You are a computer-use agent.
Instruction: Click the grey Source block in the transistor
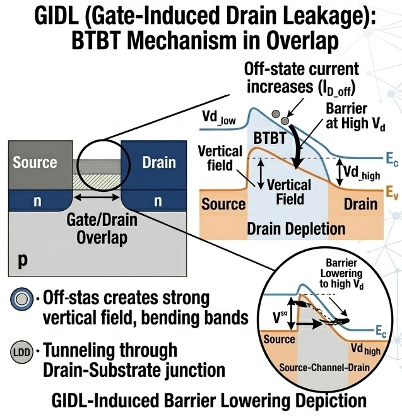click(x=40, y=165)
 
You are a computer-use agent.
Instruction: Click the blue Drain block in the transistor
click(x=154, y=165)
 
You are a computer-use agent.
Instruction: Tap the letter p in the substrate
click(x=23, y=261)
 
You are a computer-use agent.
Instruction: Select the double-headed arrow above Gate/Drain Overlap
click(x=97, y=197)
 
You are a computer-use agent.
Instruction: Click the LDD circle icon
click(x=21, y=352)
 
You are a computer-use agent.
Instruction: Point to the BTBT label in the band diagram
click(x=270, y=138)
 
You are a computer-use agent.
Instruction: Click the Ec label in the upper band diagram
click(x=392, y=159)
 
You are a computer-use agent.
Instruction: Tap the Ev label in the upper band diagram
click(x=392, y=192)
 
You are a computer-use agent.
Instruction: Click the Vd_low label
click(x=219, y=117)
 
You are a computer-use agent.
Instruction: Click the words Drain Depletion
click(x=296, y=229)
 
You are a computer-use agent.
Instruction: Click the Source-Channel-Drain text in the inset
click(x=324, y=368)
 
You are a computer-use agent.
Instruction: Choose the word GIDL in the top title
click(x=56, y=16)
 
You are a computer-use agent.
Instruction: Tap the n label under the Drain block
click(x=158, y=201)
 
